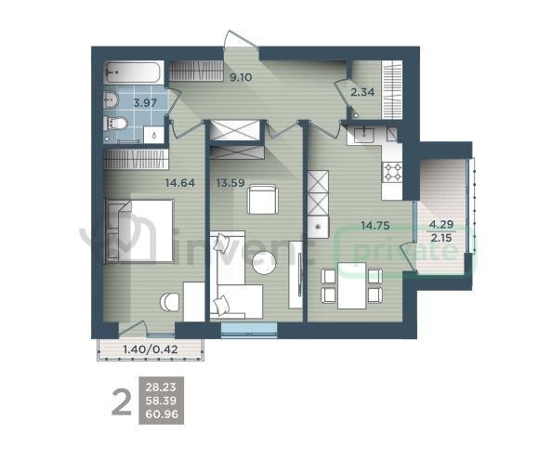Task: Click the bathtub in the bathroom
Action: (x=133, y=72)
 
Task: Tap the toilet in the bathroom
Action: (x=116, y=123)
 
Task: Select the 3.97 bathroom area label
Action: (x=145, y=103)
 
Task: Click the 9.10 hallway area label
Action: (x=241, y=77)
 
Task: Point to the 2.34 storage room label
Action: (x=362, y=92)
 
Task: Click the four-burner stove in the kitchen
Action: (x=392, y=172)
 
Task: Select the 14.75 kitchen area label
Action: (x=375, y=226)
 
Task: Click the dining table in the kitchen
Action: (x=351, y=285)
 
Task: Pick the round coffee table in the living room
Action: (x=264, y=263)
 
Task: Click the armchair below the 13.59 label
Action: (x=263, y=200)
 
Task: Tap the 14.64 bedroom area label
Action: (x=179, y=183)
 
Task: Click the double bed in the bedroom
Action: (x=138, y=231)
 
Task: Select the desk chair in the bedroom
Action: (x=170, y=303)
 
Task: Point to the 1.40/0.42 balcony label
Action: (x=151, y=349)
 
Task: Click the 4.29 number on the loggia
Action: (x=441, y=225)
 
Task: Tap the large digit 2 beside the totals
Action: (x=122, y=401)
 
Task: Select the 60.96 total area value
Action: (x=162, y=414)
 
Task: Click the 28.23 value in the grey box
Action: (x=161, y=388)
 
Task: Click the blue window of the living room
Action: (x=249, y=330)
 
